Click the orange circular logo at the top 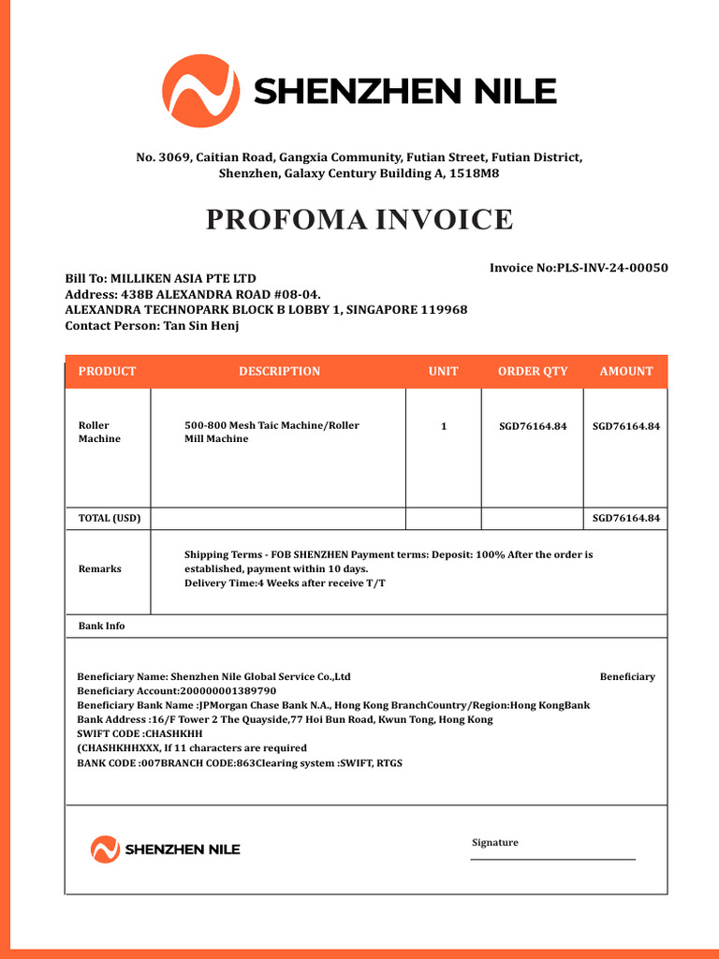click(199, 91)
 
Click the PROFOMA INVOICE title click(359, 219)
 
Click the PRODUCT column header click(107, 371)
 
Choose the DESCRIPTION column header click(279, 371)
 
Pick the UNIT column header click(443, 371)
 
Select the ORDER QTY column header click(532, 371)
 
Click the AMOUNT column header click(625, 371)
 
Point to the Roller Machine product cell click(99, 432)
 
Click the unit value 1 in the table click(444, 426)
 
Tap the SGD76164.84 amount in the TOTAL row click(625, 518)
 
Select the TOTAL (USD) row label click(110, 518)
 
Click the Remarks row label click(99, 569)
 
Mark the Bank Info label click(101, 626)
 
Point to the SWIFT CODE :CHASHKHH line click(139, 733)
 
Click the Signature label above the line click(494, 842)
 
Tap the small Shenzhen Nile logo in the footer click(166, 849)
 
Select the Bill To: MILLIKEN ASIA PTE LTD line click(160, 278)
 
